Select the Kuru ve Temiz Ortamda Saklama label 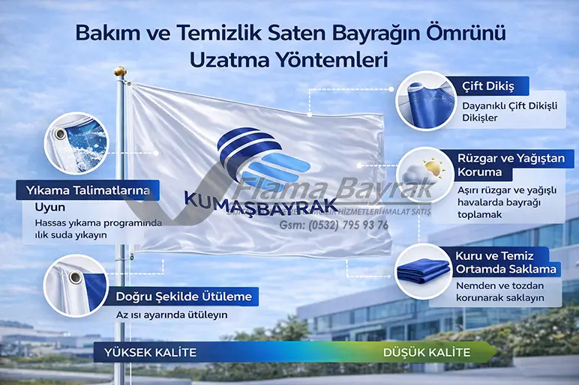point(506,262)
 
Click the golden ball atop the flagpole point(118,72)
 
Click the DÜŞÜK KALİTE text point(427,352)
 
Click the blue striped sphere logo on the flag point(255,158)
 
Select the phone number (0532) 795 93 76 point(334,225)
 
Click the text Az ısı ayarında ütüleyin point(172,315)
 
